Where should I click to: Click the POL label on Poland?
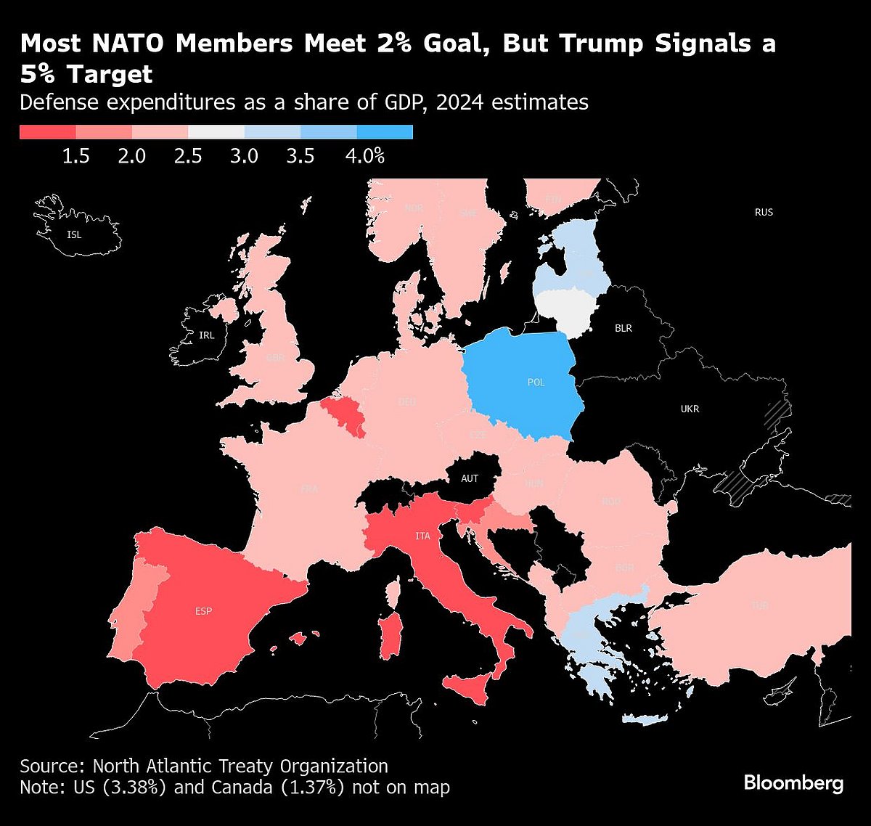click(536, 383)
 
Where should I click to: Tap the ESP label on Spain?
click(204, 611)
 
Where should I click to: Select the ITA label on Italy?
click(422, 536)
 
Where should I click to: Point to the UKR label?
click(690, 409)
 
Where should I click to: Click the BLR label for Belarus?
click(623, 328)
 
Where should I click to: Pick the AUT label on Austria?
click(470, 478)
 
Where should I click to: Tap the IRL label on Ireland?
click(207, 335)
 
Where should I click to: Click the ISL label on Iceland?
click(74, 235)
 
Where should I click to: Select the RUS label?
click(764, 212)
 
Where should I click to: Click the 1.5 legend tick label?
click(75, 156)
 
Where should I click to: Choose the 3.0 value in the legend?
click(244, 156)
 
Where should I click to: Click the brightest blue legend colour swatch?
click(385, 132)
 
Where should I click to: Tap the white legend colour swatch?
click(216, 132)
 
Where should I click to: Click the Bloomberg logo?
click(793, 783)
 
